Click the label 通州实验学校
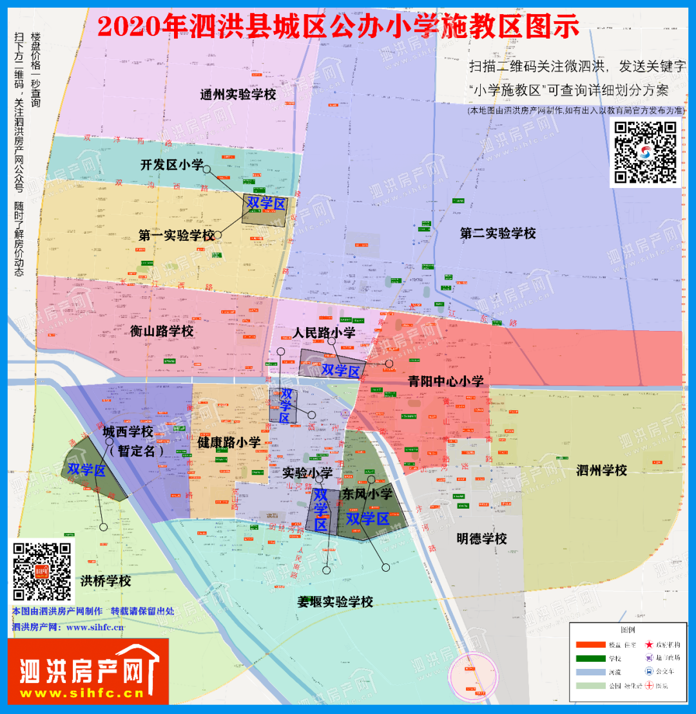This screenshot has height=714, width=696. coord(238,95)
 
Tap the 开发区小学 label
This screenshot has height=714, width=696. coord(172,165)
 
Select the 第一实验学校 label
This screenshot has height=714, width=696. coord(177,236)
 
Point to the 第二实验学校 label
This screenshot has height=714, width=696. coord(498,233)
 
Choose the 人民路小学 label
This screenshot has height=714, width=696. coord(324,333)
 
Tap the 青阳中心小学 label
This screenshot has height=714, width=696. coord(446,381)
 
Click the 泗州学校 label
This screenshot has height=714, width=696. coord(601,471)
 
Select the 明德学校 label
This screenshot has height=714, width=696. coord(481,538)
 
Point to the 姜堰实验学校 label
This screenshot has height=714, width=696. coord(335,602)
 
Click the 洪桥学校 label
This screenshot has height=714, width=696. coord(106,581)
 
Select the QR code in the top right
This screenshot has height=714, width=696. coord(645,152)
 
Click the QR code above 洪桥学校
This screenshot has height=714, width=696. coord(42,571)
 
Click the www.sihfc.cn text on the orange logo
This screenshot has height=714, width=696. coord(82,694)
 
